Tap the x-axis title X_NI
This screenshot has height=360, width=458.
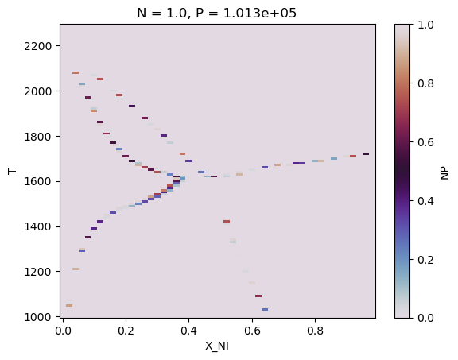pos(217,347)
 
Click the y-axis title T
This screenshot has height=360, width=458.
pos(11,171)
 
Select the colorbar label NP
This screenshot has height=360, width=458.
pos(445,171)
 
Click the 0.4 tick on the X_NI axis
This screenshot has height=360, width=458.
pos(189,331)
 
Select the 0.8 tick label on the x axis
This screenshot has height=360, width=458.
pos(315,331)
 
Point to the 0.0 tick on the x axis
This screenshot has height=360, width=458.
pos(64,331)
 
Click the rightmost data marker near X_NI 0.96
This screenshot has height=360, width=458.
pos(366,154)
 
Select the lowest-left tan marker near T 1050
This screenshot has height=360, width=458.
pos(69,305)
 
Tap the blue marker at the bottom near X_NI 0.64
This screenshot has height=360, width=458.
pos(265,310)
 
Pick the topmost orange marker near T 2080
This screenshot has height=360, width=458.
pos(76,72)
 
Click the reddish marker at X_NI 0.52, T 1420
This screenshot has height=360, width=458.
pos(227,222)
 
